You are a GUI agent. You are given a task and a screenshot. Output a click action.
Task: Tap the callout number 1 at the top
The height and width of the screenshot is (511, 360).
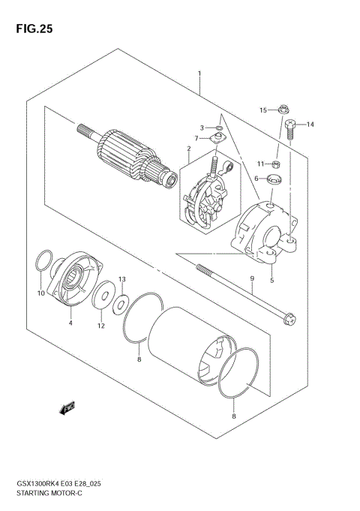tap(199, 74)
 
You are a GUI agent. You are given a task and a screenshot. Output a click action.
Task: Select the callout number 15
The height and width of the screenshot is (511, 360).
tap(264, 110)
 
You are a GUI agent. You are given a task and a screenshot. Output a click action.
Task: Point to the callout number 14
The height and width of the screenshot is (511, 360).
tap(310, 125)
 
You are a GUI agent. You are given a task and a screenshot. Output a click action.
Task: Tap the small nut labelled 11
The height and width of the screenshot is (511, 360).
tap(276, 164)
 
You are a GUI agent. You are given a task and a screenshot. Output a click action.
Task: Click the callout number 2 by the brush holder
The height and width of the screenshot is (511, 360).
tap(189, 149)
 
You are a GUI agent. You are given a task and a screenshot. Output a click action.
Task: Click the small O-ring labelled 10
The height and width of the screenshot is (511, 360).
tap(44, 264)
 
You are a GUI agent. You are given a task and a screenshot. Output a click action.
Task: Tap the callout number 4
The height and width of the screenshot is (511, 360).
tap(70, 323)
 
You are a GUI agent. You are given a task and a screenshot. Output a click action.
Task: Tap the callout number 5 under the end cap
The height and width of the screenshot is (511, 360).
tap(271, 281)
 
